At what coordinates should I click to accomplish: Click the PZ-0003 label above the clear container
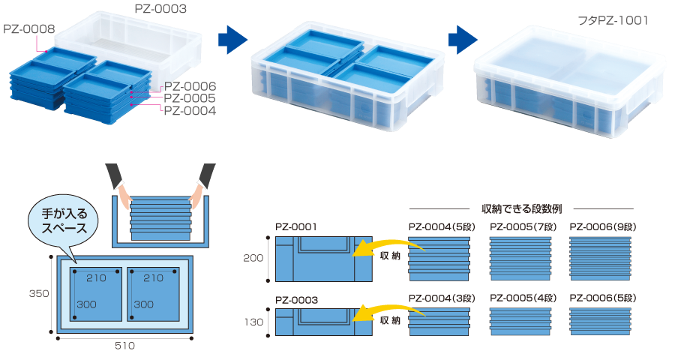point(160,10)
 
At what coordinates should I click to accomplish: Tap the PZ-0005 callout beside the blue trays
point(190,98)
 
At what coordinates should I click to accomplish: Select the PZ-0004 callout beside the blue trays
point(190,111)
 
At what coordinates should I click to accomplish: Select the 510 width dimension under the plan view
point(125,346)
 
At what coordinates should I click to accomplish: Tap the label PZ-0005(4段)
point(520,298)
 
